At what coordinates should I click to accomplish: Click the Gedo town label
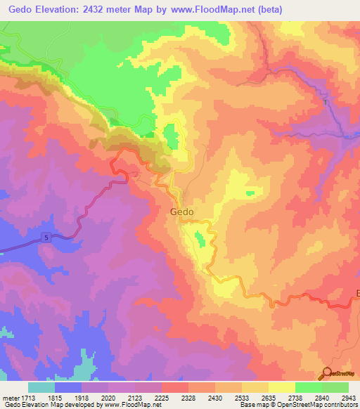[182, 211]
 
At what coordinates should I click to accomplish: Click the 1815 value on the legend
[68, 398]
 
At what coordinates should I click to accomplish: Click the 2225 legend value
[175, 398]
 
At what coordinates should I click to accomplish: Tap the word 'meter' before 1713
[12, 398]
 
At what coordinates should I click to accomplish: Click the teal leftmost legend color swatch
[41, 387]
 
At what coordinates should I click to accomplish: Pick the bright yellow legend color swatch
[281, 387]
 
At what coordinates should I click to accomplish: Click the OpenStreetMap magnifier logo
[328, 373]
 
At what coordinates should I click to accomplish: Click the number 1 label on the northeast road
[326, 103]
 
